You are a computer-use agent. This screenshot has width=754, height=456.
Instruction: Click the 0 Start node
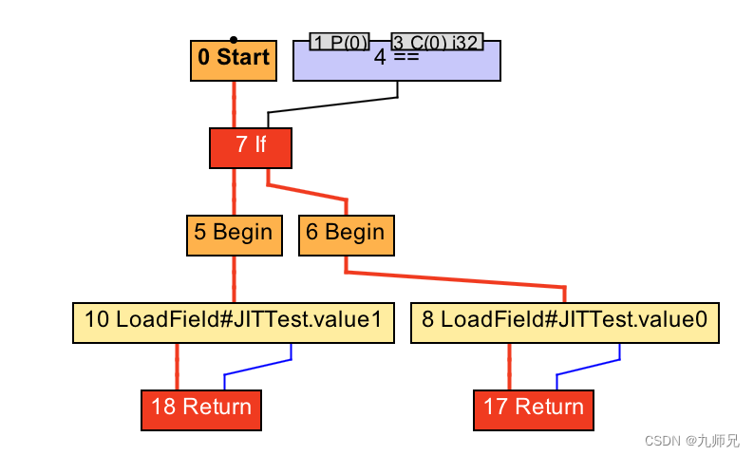[x=234, y=61]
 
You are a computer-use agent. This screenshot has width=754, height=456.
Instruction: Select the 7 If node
[x=251, y=148]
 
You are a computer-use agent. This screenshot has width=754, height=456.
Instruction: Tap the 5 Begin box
[x=235, y=236]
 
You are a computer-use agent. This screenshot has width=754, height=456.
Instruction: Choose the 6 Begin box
[x=347, y=236]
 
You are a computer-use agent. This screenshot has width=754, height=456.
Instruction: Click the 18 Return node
[x=201, y=410]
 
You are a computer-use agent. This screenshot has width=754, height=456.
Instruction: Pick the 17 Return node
[x=534, y=410]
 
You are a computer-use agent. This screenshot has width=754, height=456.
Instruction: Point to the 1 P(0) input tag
[x=340, y=42]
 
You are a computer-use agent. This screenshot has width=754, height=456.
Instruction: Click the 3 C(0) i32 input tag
[x=437, y=42]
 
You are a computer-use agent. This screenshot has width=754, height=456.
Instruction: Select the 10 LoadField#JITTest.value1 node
[x=234, y=323]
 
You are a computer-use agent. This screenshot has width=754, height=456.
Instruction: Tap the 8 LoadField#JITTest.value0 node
[x=564, y=323]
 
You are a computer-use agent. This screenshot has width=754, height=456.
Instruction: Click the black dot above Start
[x=234, y=40]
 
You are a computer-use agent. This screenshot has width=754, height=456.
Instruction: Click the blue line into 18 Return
[x=257, y=367]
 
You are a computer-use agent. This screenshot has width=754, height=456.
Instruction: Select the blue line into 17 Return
[x=588, y=367]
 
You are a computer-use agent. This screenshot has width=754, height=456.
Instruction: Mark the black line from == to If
[x=332, y=104]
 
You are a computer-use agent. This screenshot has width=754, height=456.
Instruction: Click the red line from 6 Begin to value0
[x=455, y=279]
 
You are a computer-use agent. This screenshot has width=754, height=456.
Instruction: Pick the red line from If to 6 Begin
[x=307, y=192]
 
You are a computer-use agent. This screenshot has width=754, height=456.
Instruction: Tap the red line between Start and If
[x=235, y=104]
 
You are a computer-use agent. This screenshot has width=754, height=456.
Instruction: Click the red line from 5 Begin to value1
[x=235, y=279]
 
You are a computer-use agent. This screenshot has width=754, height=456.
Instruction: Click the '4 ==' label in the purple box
[x=397, y=58]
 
